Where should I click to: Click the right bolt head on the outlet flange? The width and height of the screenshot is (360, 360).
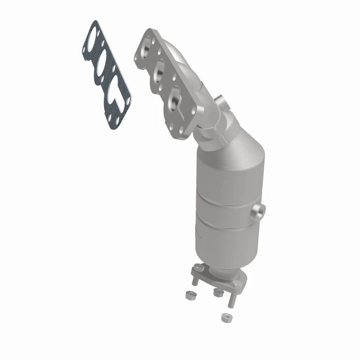pyautogui.click(x=235, y=284)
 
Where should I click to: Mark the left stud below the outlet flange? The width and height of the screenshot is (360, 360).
pyautogui.click(x=194, y=281)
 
